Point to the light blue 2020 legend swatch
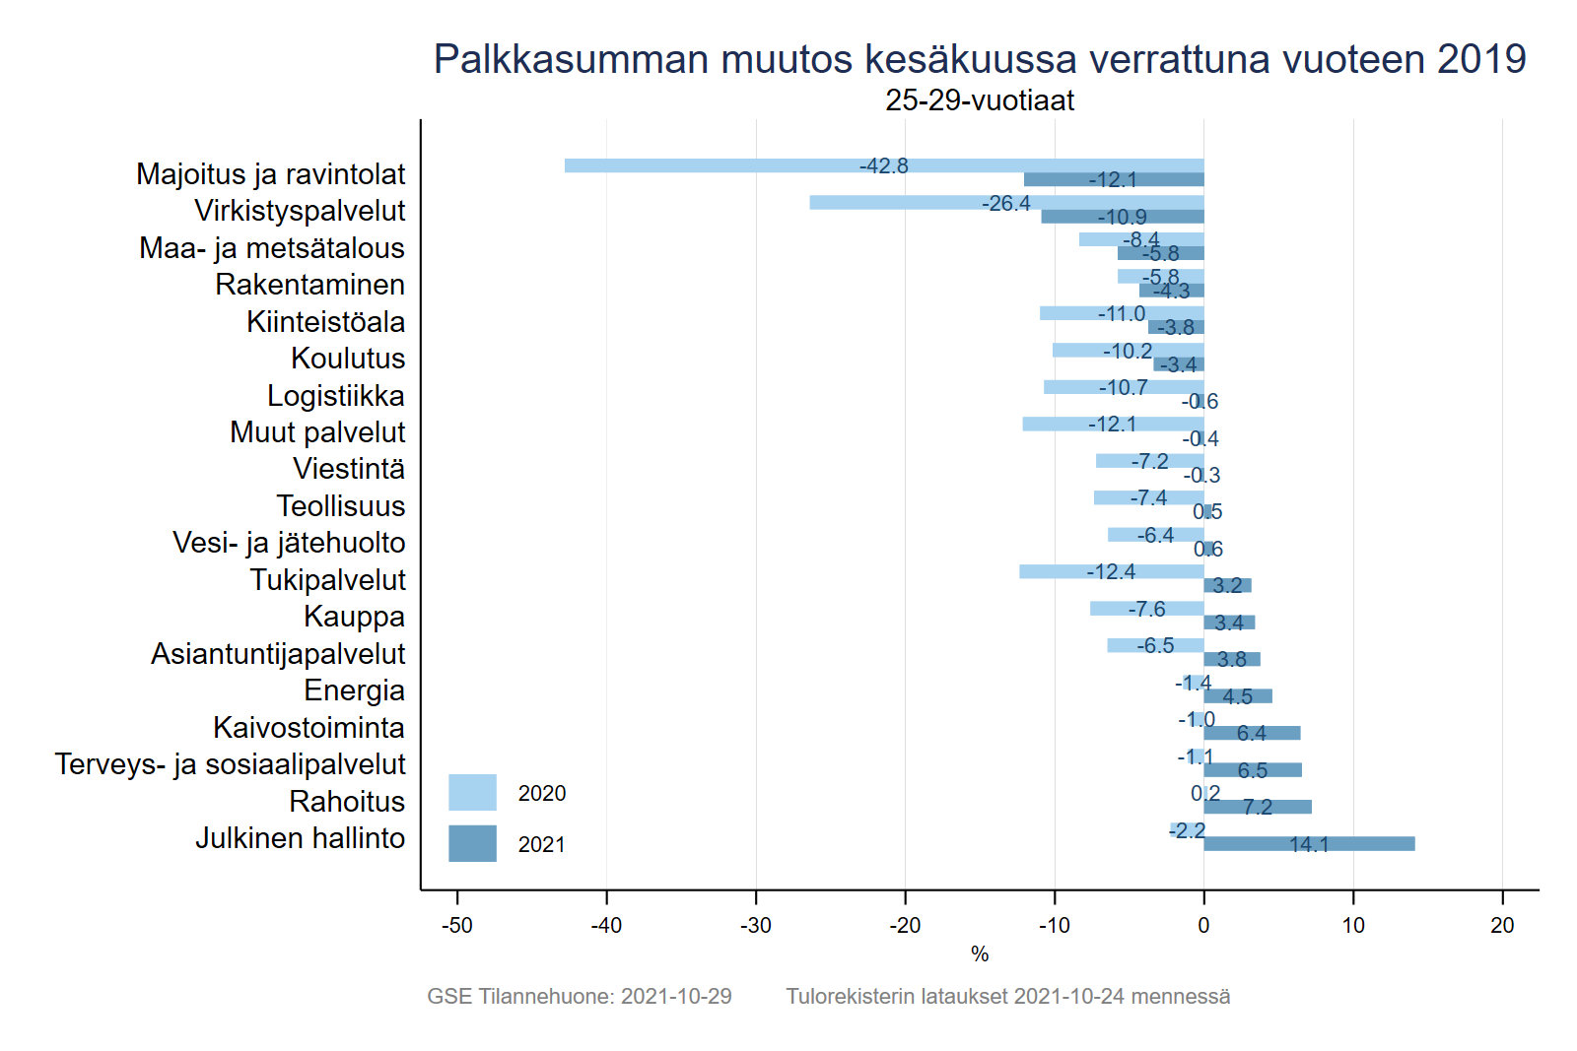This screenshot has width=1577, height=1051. coord(472,793)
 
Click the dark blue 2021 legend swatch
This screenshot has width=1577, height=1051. coord(472,844)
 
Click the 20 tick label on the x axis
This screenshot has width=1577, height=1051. coord(1502,926)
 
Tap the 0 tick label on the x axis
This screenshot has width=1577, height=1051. coord(1203,926)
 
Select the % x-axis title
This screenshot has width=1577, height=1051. coord(979,954)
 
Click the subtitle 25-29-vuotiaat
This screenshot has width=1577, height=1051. coord(979,100)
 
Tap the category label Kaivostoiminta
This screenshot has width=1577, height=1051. coord(309,728)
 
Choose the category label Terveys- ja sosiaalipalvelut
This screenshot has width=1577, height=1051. coord(230,764)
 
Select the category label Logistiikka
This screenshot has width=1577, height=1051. coord(335,396)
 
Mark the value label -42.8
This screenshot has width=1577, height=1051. coord(883,166)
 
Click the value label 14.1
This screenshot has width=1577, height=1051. coord(1309,845)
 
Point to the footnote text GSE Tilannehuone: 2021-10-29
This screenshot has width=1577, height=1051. coord(579,997)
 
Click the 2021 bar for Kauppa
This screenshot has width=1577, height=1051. coord(1229,623)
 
